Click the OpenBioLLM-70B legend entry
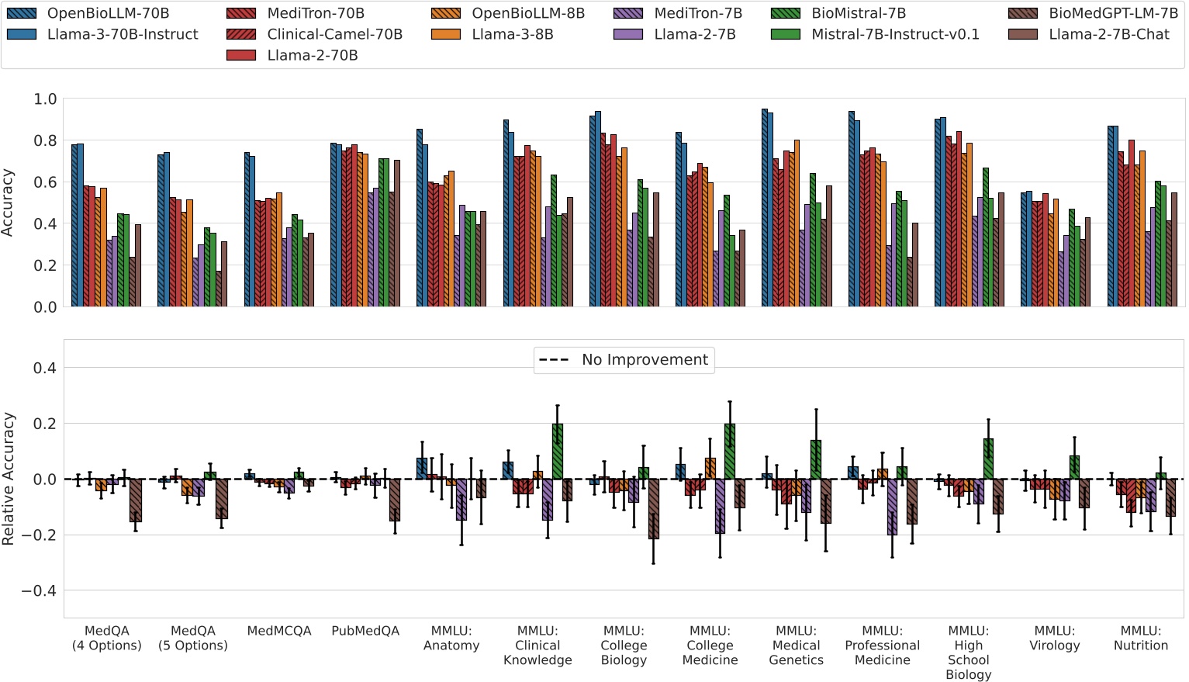tap(108, 13)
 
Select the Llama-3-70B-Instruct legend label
tap(123, 34)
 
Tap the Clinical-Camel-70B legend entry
tap(334, 34)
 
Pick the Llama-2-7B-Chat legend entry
tap(1108, 34)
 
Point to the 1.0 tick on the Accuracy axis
tap(45, 99)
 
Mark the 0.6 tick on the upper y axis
tap(45, 182)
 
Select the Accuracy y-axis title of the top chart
tap(9, 203)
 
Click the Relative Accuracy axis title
tap(9, 479)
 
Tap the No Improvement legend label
tap(645, 360)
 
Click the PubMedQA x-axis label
tap(365, 631)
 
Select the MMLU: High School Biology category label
tap(968, 653)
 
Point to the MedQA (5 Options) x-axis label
tap(193, 638)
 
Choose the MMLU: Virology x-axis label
tap(1054, 638)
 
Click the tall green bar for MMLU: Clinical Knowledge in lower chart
tap(558, 452)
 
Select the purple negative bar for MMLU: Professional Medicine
tap(892, 507)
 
